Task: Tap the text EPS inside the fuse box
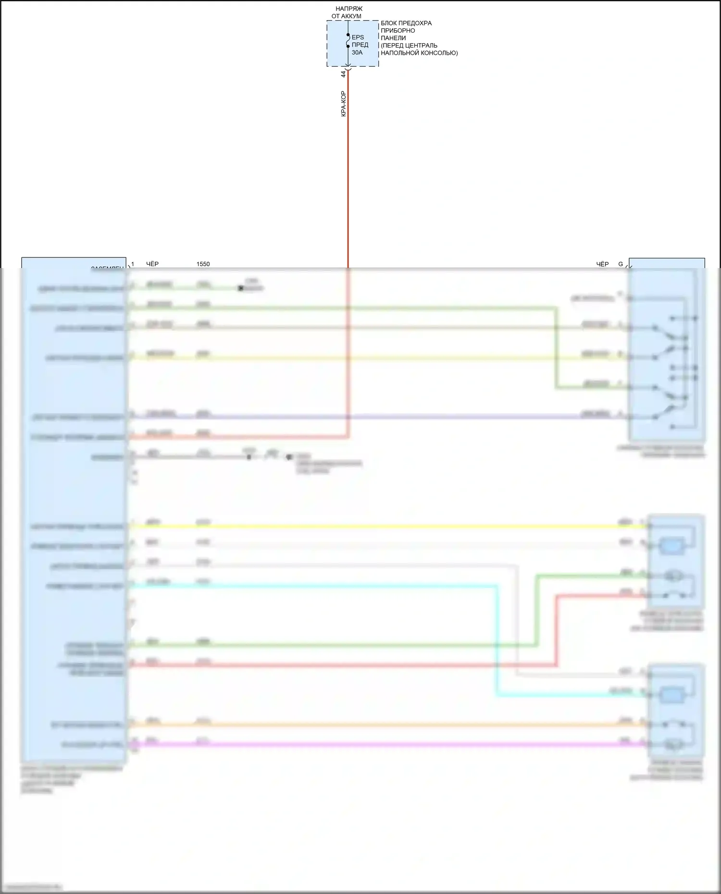(x=358, y=37)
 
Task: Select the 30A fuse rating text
(x=357, y=52)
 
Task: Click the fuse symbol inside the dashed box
(x=348, y=43)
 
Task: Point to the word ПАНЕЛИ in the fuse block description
(x=393, y=38)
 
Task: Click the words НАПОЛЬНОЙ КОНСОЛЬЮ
(x=419, y=53)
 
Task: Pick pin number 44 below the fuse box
(x=343, y=74)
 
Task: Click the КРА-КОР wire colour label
(x=343, y=104)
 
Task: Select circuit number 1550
(x=203, y=264)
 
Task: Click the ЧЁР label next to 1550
(x=152, y=264)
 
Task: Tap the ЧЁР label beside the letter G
(x=602, y=264)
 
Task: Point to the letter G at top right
(x=621, y=264)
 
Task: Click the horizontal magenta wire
(x=385, y=745)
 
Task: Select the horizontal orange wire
(x=385, y=724)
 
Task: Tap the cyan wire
(x=497, y=639)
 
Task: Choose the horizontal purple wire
(x=385, y=416)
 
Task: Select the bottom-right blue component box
(x=676, y=710)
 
